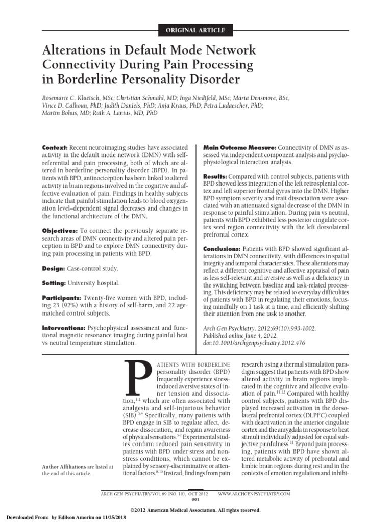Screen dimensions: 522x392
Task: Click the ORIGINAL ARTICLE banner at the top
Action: pos(196,30)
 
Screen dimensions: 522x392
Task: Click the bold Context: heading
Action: pos(55,147)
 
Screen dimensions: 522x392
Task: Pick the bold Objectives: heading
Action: pos(59,231)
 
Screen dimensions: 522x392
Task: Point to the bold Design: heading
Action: pos(53,268)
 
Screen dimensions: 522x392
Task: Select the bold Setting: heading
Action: pos(54,283)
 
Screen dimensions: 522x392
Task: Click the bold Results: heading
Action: pos(216,176)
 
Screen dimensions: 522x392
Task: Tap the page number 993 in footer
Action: pos(196,499)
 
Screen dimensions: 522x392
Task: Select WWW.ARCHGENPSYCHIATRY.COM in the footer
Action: pos(254,494)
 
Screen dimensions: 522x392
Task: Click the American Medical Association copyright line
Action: pos(195,510)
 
